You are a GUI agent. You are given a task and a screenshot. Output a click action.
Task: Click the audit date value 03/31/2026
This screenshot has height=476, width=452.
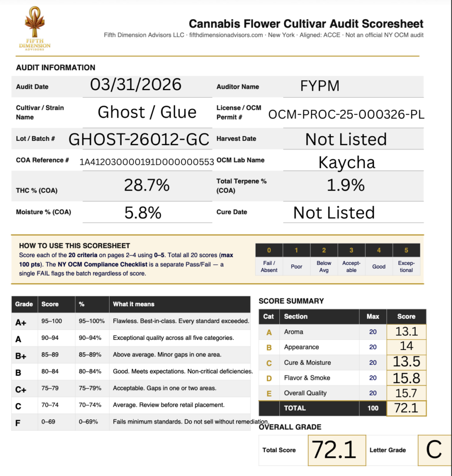point(136,85)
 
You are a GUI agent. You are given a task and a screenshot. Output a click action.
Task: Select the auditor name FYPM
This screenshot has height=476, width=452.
point(320,86)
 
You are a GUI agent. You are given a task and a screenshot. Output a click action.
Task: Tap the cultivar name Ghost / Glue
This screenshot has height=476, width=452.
point(147,112)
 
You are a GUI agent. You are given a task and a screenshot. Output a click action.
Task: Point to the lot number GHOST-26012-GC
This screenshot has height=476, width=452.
point(139,139)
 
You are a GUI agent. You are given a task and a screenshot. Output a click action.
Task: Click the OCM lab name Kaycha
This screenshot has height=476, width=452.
point(346,162)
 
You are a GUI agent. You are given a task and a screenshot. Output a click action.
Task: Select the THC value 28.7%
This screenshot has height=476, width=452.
point(147,185)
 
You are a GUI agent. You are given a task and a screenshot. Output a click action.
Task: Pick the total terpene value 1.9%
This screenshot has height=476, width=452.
point(346,185)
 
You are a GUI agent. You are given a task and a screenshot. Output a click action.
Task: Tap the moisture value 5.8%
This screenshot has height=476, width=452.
point(143,212)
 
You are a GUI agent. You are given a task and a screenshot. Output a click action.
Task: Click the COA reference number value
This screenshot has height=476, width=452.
point(147,162)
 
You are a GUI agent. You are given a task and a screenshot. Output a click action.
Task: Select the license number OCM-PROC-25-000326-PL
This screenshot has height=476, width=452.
point(346,114)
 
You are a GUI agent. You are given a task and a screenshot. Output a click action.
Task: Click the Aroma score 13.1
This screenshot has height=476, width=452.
point(406,331)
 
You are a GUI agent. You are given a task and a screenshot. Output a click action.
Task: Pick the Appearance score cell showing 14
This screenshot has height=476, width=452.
point(406,346)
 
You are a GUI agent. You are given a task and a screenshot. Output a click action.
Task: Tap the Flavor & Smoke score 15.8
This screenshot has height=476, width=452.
point(406,377)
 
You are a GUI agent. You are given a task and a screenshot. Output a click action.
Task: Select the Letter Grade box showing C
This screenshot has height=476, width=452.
point(434,450)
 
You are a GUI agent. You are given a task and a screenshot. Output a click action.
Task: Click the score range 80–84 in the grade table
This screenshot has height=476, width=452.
point(50,371)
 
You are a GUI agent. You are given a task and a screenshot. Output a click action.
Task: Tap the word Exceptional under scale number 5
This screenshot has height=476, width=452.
point(406,266)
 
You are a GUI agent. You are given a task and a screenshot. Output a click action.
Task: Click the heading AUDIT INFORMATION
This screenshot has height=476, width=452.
point(56,67)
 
